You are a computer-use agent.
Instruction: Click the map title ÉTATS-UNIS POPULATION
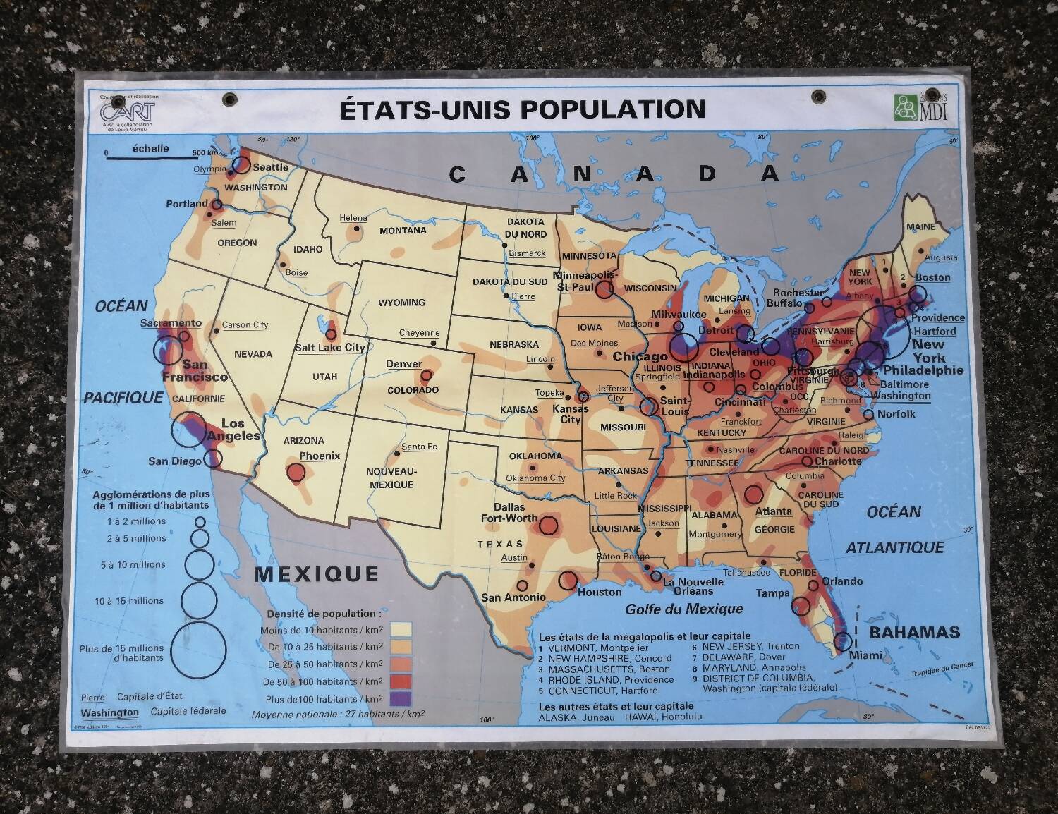(x=523, y=109)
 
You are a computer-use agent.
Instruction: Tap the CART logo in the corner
(x=128, y=111)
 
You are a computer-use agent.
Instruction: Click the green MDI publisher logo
(x=920, y=107)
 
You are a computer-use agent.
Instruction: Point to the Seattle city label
(x=270, y=167)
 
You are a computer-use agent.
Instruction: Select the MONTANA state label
(x=403, y=231)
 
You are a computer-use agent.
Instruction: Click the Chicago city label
(x=640, y=357)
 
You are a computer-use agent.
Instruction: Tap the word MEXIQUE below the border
(x=316, y=573)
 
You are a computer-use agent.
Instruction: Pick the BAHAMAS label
(x=914, y=632)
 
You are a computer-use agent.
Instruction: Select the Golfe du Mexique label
(x=684, y=608)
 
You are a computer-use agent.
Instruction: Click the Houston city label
(x=600, y=593)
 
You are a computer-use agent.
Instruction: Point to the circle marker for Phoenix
(x=296, y=472)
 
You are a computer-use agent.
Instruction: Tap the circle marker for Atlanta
(x=753, y=494)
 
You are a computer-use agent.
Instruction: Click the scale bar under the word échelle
(x=148, y=158)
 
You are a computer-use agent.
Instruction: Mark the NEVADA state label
(x=253, y=354)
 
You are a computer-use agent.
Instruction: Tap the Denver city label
(x=403, y=364)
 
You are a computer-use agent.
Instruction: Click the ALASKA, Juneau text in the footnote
(x=578, y=717)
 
